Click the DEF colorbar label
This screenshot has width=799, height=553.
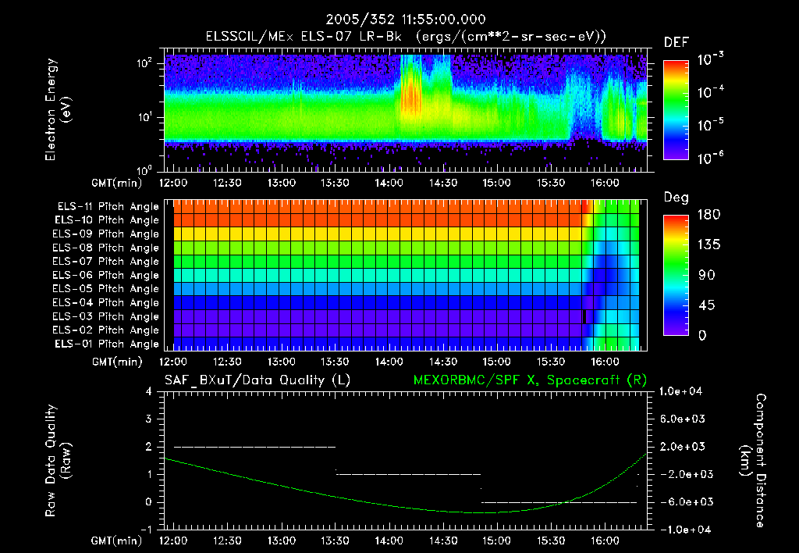pyautogui.click(x=676, y=43)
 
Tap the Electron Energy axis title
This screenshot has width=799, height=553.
pyautogui.click(x=59, y=111)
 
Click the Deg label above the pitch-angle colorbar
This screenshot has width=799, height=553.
pyautogui.click(x=675, y=198)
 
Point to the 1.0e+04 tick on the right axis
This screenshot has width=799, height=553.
pyautogui.click(x=682, y=391)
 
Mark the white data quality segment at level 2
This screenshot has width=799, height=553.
pyautogui.click(x=254, y=447)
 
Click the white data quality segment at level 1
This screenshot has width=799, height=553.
pyautogui.click(x=408, y=474)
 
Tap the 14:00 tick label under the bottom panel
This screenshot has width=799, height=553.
pyautogui.click(x=389, y=541)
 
